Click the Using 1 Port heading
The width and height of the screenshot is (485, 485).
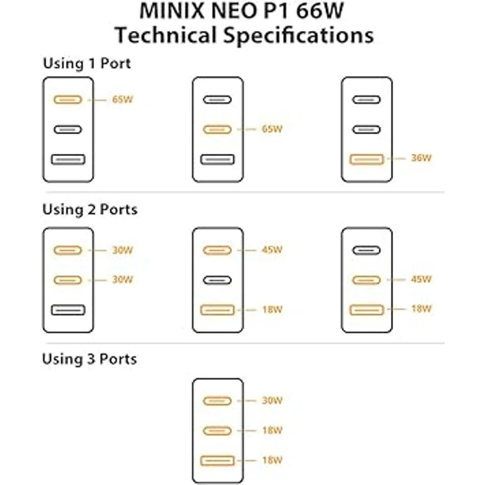[87, 63]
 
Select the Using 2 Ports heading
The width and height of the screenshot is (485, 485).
[90, 209]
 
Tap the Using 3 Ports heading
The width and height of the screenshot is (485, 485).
[89, 359]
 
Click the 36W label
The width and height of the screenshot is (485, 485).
[421, 158]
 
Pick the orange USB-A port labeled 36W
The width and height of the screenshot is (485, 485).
[367, 159]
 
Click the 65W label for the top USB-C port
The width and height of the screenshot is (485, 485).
[122, 99]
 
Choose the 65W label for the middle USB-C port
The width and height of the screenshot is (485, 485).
[272, 129]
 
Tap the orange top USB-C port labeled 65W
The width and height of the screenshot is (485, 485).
[67, 99]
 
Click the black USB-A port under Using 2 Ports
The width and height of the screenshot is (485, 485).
[68, 310]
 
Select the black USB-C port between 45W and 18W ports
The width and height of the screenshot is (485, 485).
[217, 280]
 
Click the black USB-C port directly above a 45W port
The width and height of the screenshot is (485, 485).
[366, 250]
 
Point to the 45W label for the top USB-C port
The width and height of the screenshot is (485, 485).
[272, 250]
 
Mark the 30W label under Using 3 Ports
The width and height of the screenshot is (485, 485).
[272, 401]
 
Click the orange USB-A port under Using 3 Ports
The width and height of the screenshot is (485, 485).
[217, 460]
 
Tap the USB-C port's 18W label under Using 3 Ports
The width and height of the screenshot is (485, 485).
[272, 430]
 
